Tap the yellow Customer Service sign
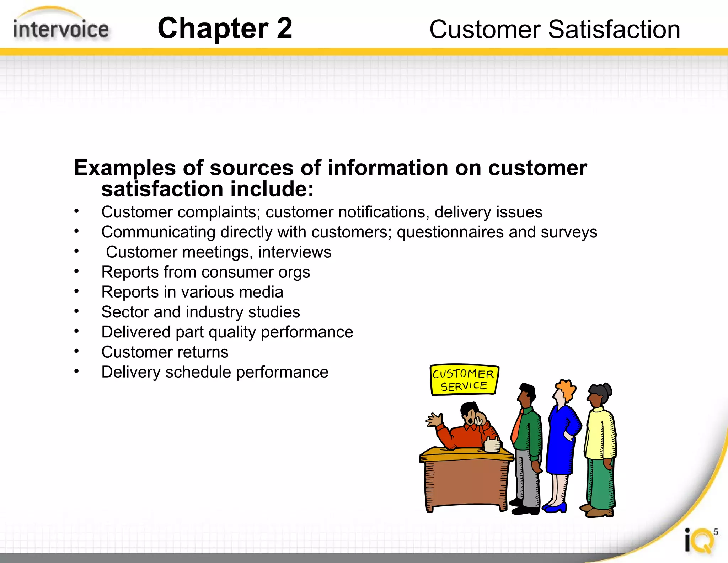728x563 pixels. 464,380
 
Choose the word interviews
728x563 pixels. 295,252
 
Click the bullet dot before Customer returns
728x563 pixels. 76,351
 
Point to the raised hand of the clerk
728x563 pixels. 434,420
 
